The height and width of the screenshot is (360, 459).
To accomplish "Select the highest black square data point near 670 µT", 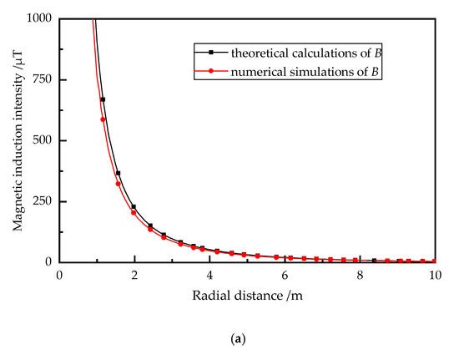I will pos(103,99).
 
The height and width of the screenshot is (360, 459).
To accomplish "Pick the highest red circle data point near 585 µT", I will pos(103,119).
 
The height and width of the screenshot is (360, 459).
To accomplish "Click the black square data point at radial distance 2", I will pos(134,206).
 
